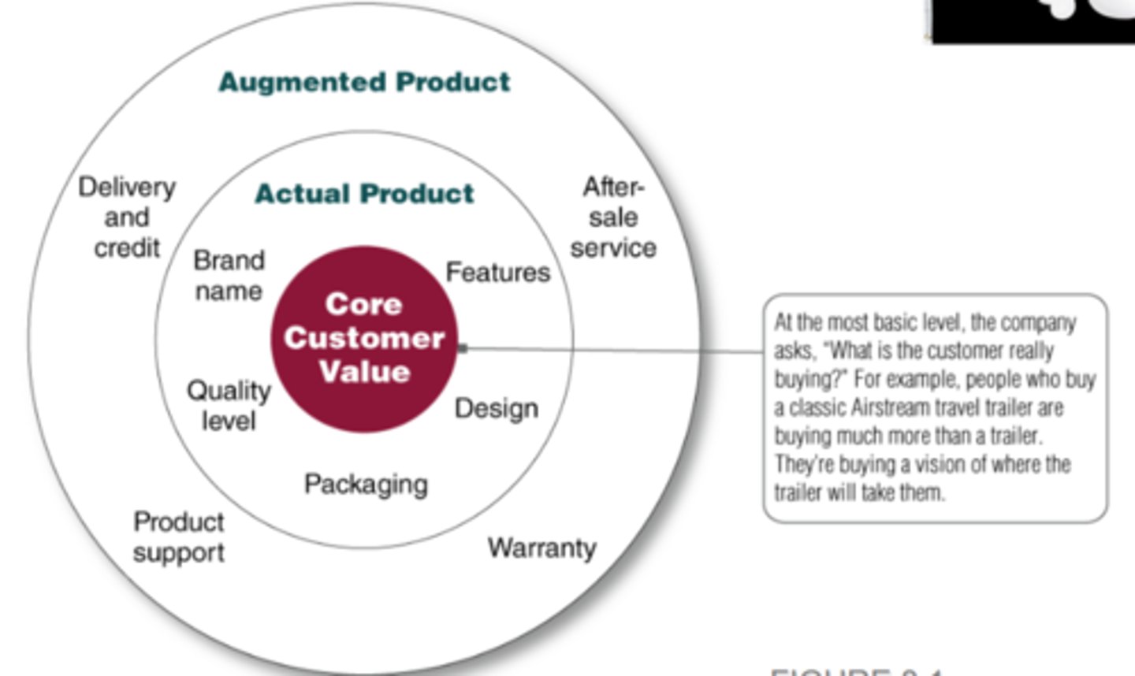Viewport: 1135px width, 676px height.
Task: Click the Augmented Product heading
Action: click(x=364, y=82)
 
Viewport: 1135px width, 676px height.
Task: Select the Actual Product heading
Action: click(x=364, y=194)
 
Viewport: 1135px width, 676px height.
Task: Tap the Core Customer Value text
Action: click(x=364, y=338)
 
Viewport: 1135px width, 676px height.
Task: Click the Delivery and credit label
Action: click(x=127, y=217)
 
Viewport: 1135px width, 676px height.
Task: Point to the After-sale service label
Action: click(x=613, y=217)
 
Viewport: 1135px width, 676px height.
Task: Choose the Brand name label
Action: click(x=229, y=276)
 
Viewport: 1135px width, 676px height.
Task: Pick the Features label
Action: click(x=497, y=273)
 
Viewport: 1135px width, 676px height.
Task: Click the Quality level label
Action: click(x=229, y=405)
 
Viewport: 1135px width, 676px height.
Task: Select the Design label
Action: click(x=497, y=408)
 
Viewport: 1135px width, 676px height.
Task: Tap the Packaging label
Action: click(x=366, y=484)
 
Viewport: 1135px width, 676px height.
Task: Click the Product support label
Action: click(x=179, y=537)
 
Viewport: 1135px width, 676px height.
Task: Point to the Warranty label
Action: click(x=541, y=548)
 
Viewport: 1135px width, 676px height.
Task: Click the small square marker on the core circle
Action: click(x=463, y=348)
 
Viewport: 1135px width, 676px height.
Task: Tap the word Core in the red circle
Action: click(x=364, y=304)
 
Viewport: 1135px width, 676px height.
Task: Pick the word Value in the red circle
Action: click(x=364, y=371)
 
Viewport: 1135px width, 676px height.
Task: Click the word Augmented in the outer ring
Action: click(x=303, y=82)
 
